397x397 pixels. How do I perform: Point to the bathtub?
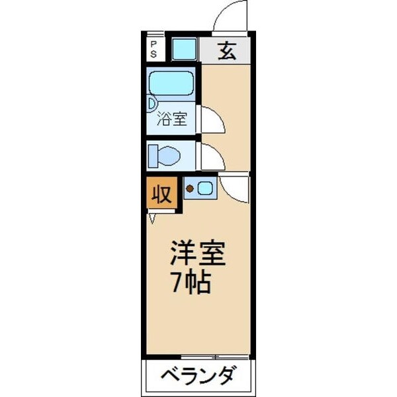[171, 83]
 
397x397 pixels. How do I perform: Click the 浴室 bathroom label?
[172, 120]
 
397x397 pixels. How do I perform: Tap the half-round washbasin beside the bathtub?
[151, 103]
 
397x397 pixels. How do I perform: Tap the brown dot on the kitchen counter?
[189, 190]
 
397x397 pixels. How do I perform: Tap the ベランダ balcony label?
[198, 378]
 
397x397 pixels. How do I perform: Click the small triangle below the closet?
[154, 217]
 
